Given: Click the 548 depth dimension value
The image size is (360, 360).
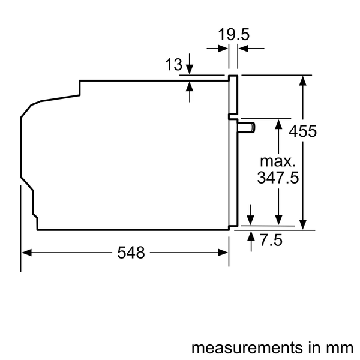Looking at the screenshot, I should (131, 253).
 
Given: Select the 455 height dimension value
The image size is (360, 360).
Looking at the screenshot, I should (303, 131).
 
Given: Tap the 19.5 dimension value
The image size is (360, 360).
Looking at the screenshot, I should (233, 34).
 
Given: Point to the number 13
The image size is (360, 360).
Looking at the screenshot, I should (173, 65).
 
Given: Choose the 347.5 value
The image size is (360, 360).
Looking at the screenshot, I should (278, 178).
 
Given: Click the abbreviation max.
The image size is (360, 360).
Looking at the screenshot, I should (278, 161).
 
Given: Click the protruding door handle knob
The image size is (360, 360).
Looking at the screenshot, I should (246, 127).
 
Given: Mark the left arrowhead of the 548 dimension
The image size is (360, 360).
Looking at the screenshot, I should (26, 253).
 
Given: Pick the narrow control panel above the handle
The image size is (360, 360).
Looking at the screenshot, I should (233, 96).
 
